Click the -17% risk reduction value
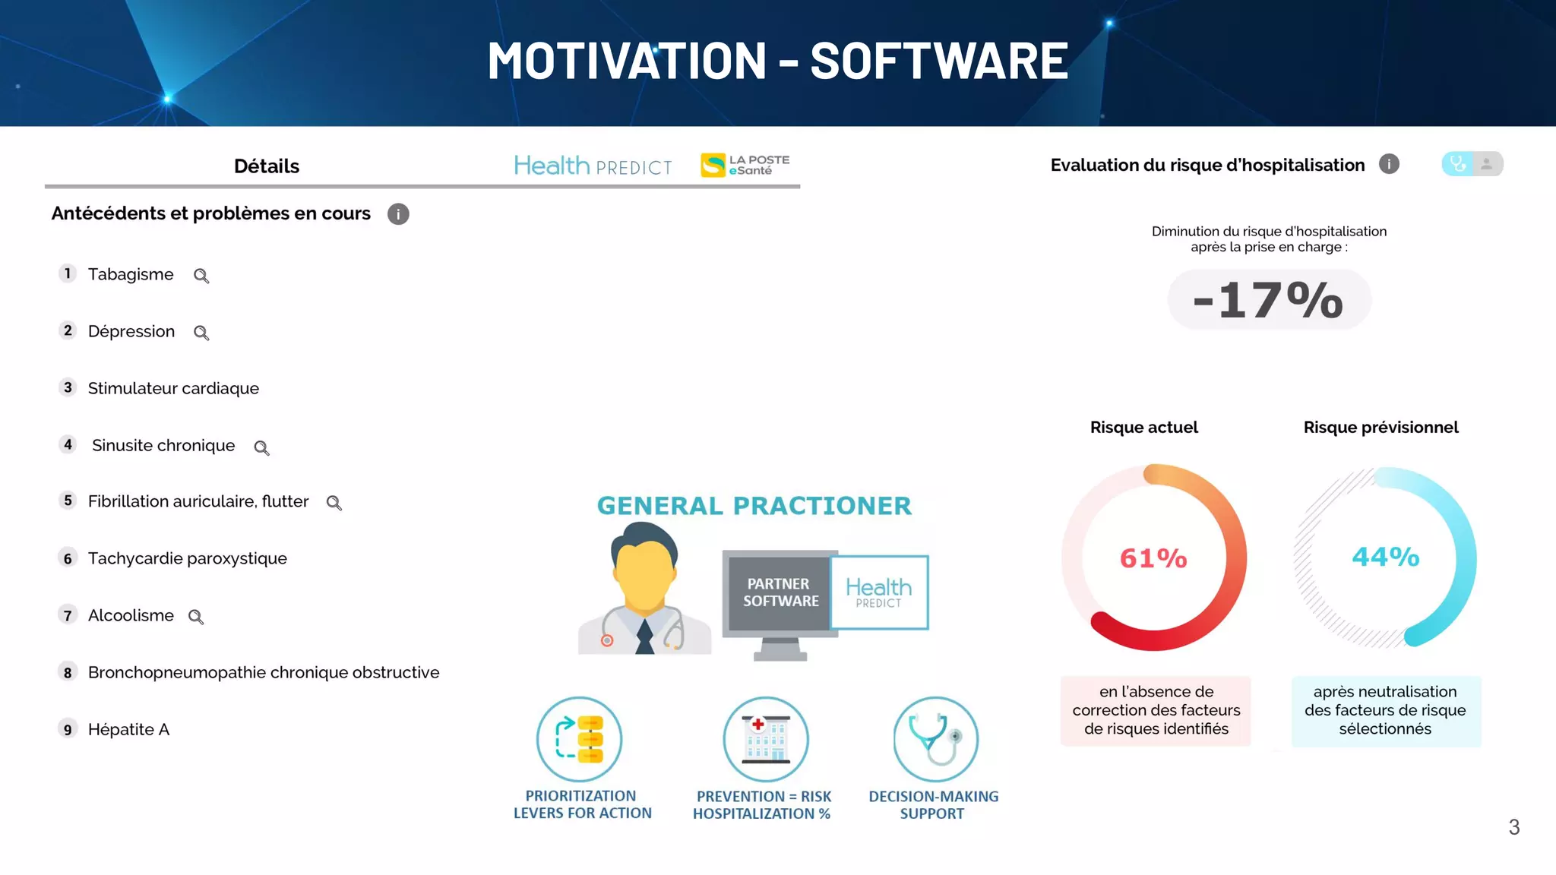point(1269,300)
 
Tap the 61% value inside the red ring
point(1153,558)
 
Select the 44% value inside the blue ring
point(1385,557)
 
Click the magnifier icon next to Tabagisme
point(201,276)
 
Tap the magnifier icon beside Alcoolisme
point(196,617)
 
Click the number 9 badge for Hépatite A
point(68,729)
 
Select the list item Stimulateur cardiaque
point(173,388)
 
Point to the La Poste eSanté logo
point(745,165)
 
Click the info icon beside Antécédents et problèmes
point(398,214)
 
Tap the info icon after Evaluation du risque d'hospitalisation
point(1389,164)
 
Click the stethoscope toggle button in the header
point(1457,164)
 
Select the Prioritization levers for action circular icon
point(580,739)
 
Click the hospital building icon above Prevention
point(765,739)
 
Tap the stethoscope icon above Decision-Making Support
point(935,739)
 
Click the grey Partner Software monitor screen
point(780,592)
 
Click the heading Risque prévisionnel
point(1380,428)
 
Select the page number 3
point(1513,827)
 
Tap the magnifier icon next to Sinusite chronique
point(261,447)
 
